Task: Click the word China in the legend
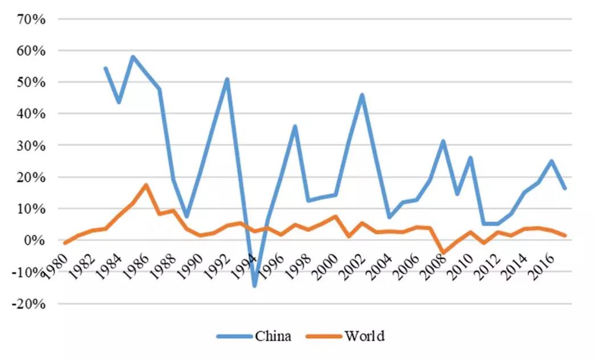(273, 336)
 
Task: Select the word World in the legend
(364, 336)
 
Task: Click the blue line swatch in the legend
(234, 336)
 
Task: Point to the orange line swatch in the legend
(325, 336)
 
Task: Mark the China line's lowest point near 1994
(254, 285)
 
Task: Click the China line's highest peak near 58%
(132, 56)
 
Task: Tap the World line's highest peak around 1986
(146, 185)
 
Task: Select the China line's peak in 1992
(227, 79)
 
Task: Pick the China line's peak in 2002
(362, 95)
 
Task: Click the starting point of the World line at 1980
(65, 243)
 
